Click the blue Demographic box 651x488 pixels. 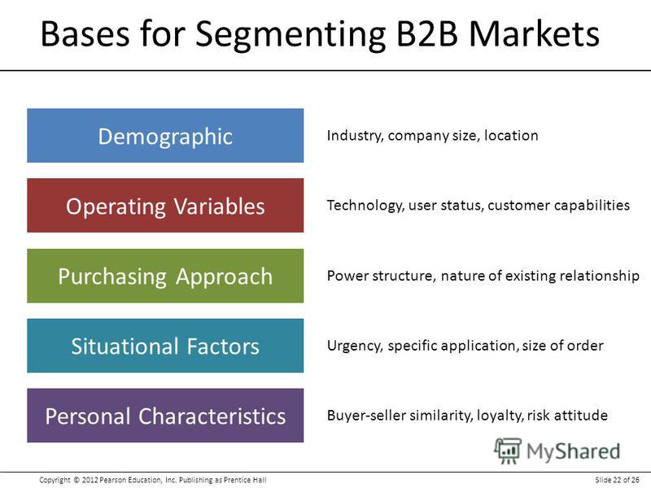click(x=165, y=135)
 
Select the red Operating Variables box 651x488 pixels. click(x=165, y=206)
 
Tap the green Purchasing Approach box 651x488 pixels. click(x=165, y=276)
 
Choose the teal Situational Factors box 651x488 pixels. click(x=165, y=346)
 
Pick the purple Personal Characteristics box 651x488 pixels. click(x=165, y=416)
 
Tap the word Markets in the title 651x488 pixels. click(x=535, y=33)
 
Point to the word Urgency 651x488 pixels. click(x=355, y=346)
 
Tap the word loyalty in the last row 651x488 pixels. click(x=500, y=416)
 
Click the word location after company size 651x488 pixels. click(x=511, y=135)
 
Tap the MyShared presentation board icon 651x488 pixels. click(x=507, y=451)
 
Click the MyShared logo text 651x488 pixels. click(x=573, y=451)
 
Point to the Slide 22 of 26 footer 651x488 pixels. click(x=617, y=480)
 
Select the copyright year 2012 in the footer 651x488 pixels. click(x=90, y=480)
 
